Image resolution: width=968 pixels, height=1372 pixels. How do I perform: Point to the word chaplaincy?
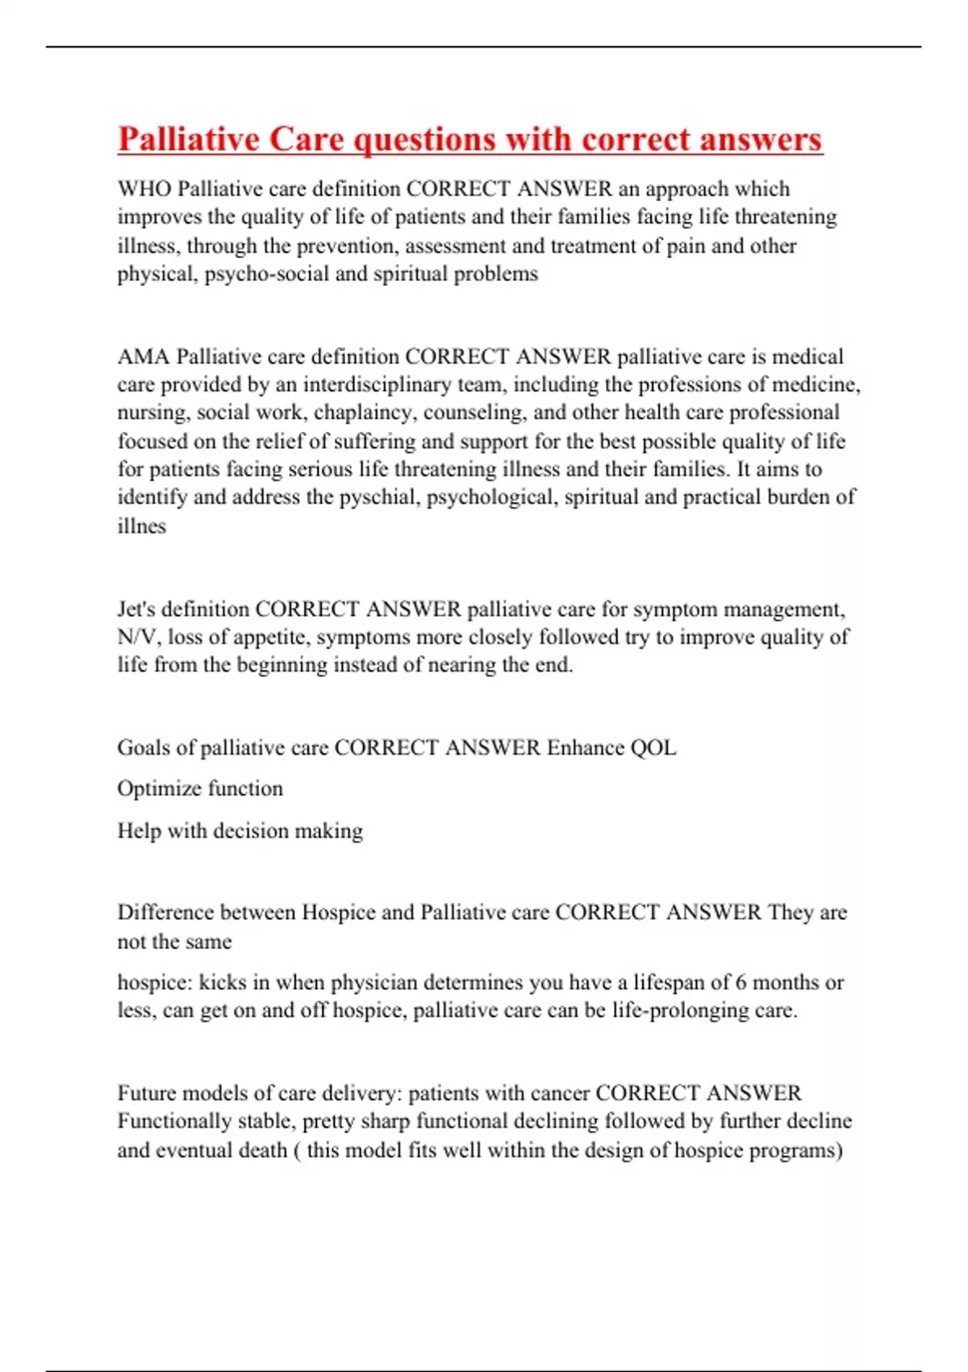pos(364,413)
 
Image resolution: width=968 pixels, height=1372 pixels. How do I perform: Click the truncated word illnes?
pos(141,526)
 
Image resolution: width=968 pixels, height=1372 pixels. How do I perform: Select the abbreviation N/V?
pos(136,638)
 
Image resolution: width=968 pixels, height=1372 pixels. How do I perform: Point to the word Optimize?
pos(158,788)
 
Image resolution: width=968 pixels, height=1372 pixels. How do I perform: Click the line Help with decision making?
pos(240,830)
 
